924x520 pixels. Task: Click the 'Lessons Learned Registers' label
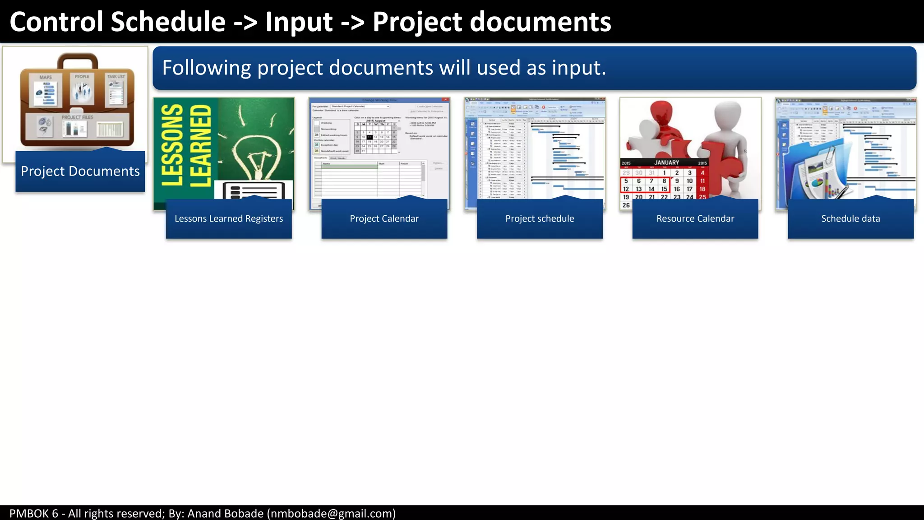coord(229,219)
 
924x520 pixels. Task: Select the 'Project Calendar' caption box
coord(384,219)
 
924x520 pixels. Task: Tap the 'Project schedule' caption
coord(540,219)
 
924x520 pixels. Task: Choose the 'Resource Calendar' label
coord(695,219)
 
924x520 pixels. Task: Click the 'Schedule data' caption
coord(850,219)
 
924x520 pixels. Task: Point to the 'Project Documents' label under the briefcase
coord(80,172)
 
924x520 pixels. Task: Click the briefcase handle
coord(78,60)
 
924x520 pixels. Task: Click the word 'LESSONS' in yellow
coord(172,145)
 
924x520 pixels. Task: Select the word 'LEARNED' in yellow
coord(200,145)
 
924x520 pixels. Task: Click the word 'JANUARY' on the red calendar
coord(666,162)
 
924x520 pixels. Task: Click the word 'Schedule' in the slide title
coord(168,22)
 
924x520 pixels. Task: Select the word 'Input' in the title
coord(299,22)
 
